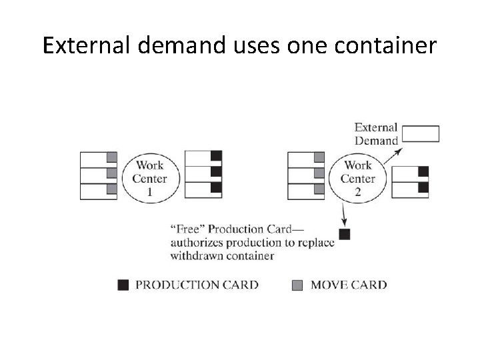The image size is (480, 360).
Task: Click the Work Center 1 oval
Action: point(150,178)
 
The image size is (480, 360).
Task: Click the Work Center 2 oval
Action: point(358,178)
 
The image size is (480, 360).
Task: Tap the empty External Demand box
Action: point(421,134)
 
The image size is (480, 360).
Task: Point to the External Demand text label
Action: point(376,133)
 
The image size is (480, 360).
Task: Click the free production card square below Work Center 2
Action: point(345,234)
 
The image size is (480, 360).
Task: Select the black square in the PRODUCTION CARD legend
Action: point(123,285)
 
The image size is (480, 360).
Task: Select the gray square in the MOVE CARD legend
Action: point(297,285)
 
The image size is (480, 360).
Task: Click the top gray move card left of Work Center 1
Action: point(111,157)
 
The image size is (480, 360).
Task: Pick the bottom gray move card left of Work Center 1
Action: point(111,189)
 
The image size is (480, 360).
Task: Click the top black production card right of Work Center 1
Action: point(216,157)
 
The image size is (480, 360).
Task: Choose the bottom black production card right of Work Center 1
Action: point(216,187)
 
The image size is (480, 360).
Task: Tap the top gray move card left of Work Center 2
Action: point(319,157)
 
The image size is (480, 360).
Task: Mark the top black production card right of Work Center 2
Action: point(423,172)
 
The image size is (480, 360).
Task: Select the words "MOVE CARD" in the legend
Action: point(347,285)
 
